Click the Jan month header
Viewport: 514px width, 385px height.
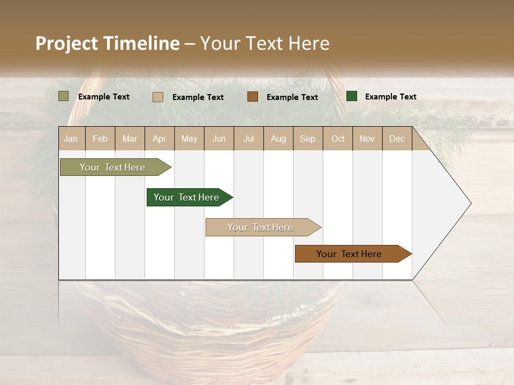click(71, 138)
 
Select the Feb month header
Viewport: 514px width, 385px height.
click(100, 138)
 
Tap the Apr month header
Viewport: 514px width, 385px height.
click(159, 138)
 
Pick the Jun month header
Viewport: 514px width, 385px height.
click(219, 138)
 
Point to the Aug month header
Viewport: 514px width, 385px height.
click(278, 138)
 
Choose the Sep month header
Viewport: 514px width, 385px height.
click(307, 138)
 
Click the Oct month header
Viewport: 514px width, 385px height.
click(338, 138)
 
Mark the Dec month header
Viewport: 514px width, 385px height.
click(397, 138)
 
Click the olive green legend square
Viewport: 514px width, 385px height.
click(64, 96)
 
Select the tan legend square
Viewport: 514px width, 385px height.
click(158, 97)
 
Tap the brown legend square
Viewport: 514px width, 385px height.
click(253, 97)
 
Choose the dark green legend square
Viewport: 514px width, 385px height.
click(352, 96)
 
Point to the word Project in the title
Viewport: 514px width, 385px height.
click(67, 43)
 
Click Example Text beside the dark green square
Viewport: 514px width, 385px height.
click(390, 97)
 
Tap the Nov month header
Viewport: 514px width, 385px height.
click(367, 138)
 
